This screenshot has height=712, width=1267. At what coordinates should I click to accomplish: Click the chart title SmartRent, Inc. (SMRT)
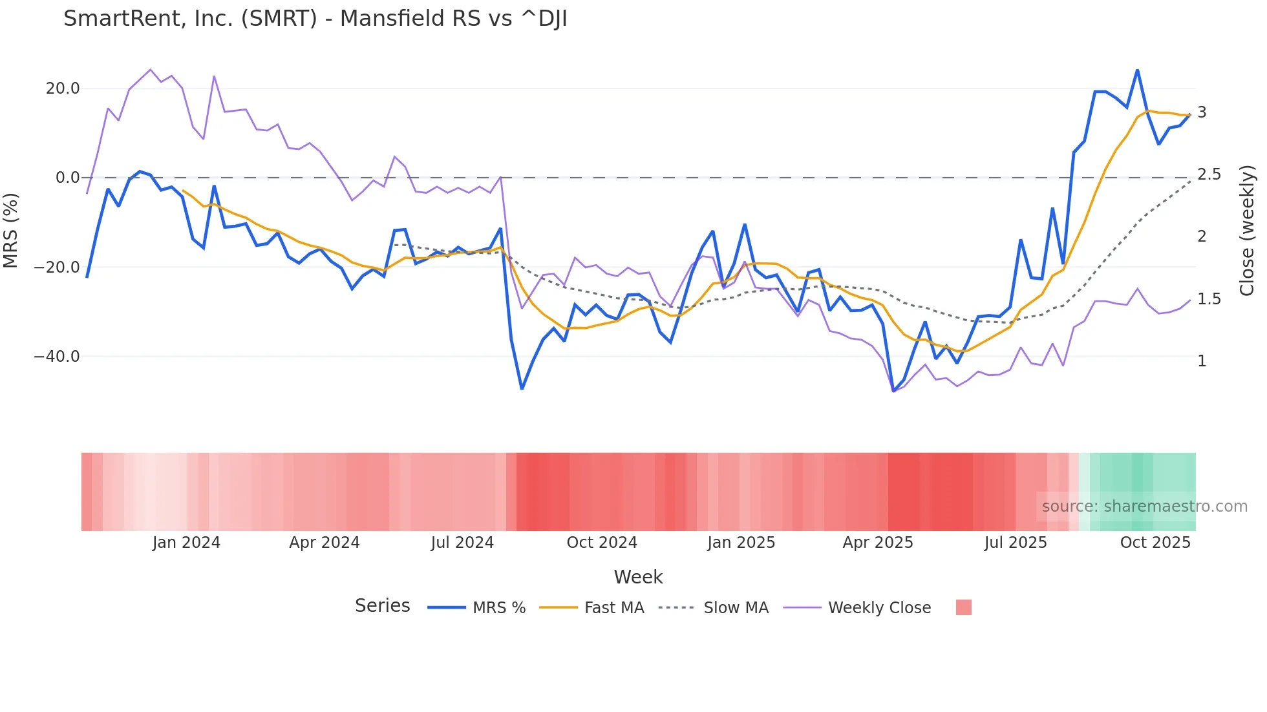[x=315, y=19]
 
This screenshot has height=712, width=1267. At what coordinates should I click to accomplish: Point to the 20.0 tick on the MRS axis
[x=63, y=89]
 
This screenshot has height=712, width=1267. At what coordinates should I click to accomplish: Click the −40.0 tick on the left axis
[x=57, y=357]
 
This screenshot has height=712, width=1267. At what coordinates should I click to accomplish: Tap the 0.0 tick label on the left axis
[x=68, y=178]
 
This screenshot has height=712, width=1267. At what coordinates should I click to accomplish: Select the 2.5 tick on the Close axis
[x=1209, y=174]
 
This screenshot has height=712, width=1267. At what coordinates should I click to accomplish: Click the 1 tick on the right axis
[x=1202, y=361]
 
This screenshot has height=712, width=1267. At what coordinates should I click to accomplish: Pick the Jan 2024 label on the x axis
[x=186, y=543]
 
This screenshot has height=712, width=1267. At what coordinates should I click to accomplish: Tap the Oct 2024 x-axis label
[x=602, y=543]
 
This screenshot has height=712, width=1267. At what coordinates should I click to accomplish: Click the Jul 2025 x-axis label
[x=1016, y=543]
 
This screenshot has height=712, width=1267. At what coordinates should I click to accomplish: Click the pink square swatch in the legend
[x=963, y=607]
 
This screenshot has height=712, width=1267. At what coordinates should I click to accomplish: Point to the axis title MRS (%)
[x=11, y=230]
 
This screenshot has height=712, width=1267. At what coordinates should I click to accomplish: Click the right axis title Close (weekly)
[x=1247, y=230]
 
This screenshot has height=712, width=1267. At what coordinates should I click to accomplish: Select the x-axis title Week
[x=638, y=577]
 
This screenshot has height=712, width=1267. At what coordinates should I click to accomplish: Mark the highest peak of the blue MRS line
[x=1137, y=70]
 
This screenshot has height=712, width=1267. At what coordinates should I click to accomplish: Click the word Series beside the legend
[x=382, y=606]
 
